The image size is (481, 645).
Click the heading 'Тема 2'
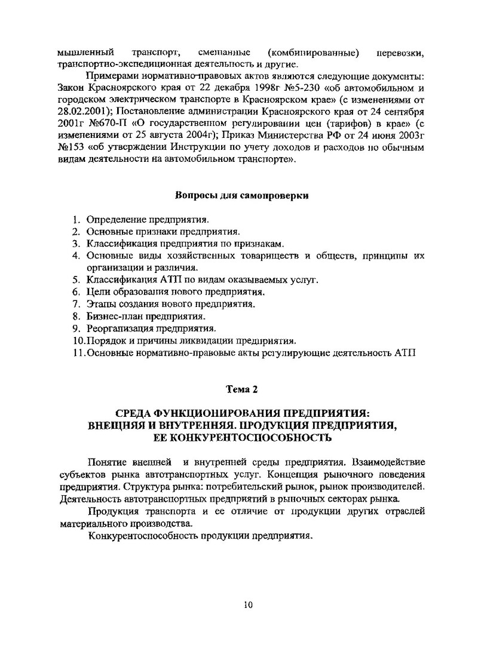tap(241, 389)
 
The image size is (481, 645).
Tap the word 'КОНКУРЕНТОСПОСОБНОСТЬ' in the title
tap(250, 438)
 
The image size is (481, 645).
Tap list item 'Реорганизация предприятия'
tap(151, 328)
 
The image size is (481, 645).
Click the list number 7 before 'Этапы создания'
tap(76, 304)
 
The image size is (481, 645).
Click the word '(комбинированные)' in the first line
tap(314, 53)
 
